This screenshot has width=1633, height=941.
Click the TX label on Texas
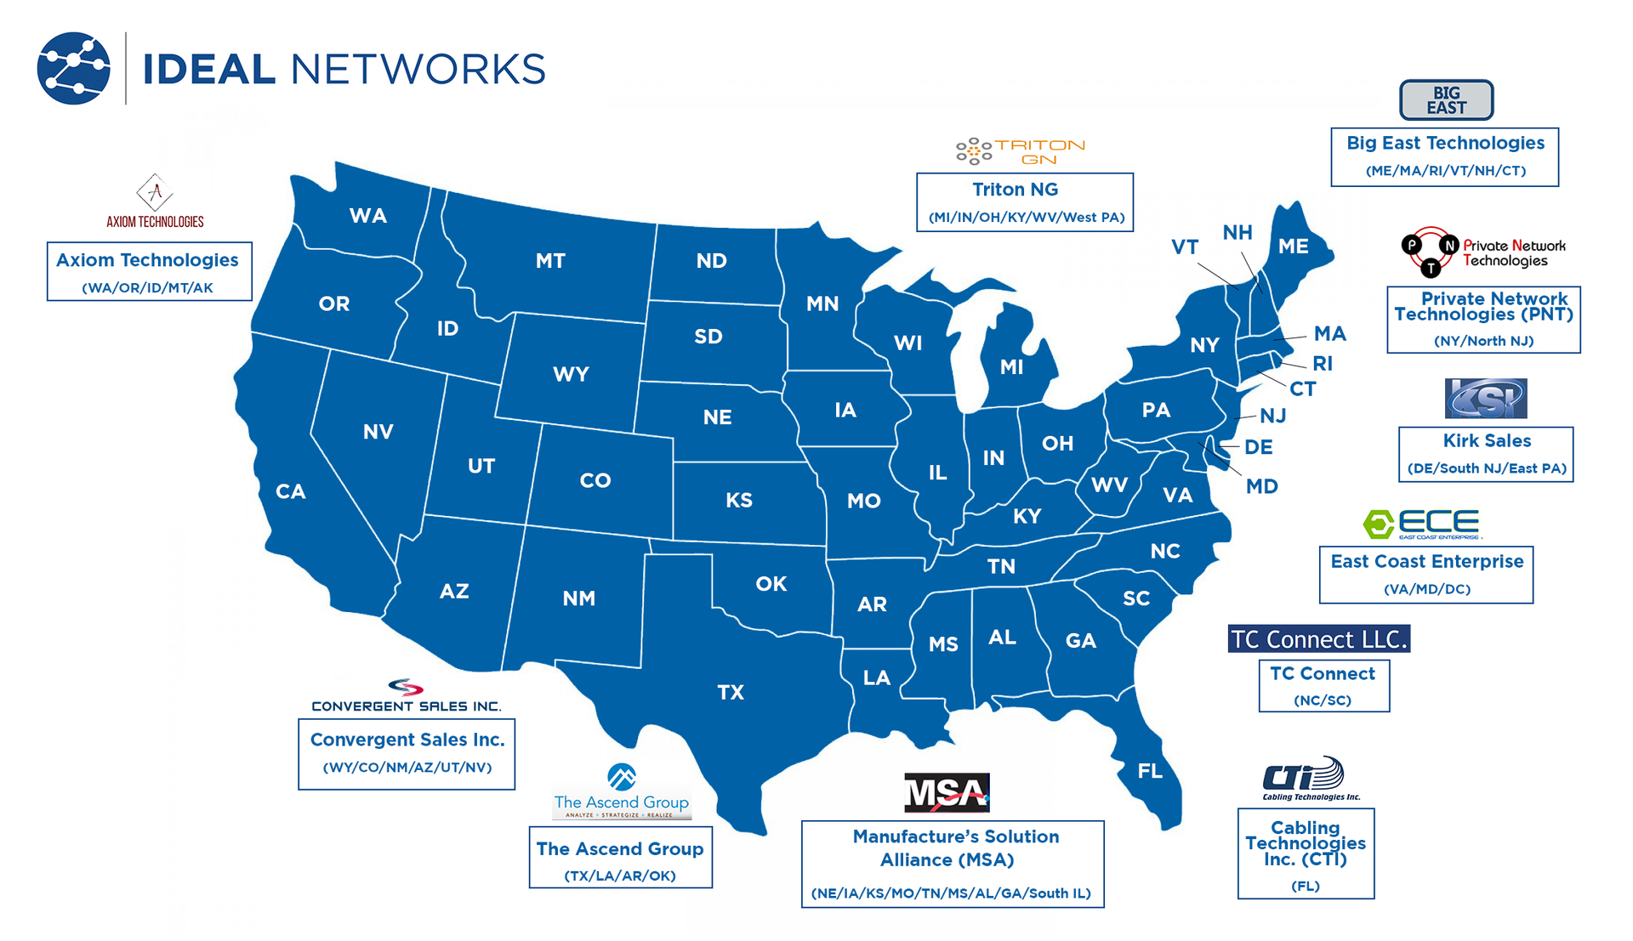(x=731, y=692)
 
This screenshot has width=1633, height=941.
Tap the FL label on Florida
(x=1150, y=771)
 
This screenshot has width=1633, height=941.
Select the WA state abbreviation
(x=367, y=215)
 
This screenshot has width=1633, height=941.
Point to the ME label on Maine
(x=1293, y=247)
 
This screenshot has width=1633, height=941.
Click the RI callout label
(x=1323, y=364)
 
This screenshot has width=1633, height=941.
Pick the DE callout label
(x=1258, y=447)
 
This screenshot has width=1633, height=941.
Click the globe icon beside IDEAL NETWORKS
(x=74, y=68)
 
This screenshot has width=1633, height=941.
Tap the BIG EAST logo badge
(x=1446, y=100)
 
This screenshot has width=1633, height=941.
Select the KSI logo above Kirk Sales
(x=1485, y=399)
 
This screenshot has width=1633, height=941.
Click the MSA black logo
(x=947, y=792)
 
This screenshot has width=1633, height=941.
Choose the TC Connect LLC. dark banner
(x=1318, y=638)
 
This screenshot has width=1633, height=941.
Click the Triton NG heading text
(x=1015, y=190)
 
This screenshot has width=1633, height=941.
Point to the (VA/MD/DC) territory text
(x=1426, y=589)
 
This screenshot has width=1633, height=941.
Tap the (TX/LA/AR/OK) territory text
(x=620, y=876)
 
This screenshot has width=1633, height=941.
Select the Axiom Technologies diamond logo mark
(x=155, y=193)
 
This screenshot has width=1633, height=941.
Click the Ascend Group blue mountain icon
(x=622, y=777)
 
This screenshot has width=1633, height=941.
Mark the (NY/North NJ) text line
(x=1483, y=341)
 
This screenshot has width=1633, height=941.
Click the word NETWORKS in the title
(x=418, y=69)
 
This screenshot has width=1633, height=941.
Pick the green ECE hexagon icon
(x=1378, y=524)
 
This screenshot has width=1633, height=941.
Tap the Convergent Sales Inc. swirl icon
(x=406, y=687)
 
